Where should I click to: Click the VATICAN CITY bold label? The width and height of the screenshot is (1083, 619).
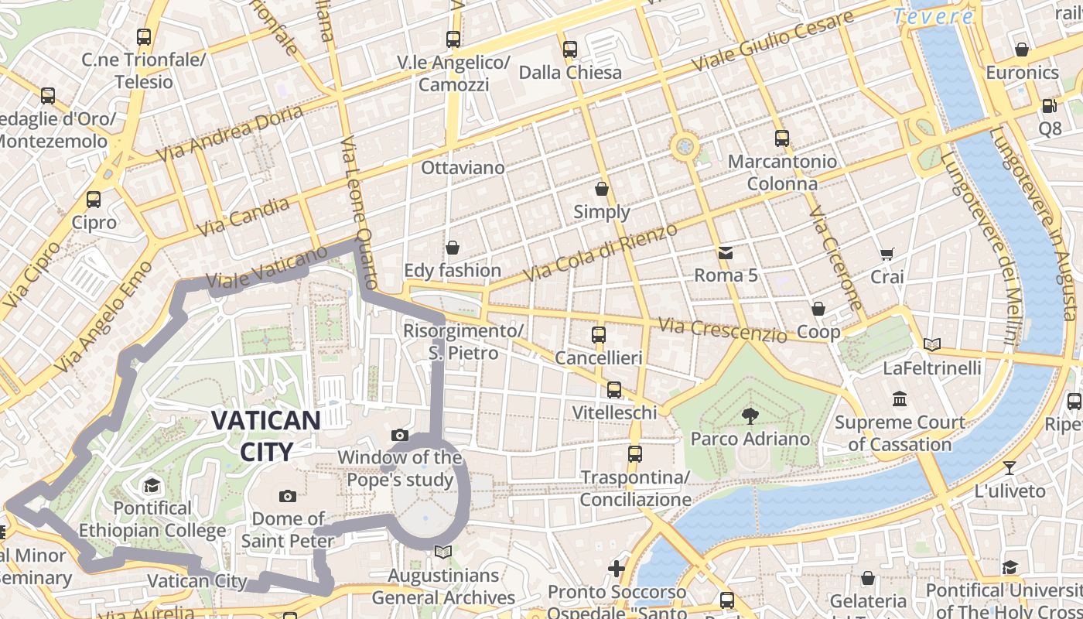[x=265, y=436]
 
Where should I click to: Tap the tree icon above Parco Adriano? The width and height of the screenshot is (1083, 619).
[x=749, y=416]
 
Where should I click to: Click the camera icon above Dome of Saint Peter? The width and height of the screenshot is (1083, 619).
[x=288, y=496]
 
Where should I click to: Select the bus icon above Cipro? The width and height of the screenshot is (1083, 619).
[x=94, y=200]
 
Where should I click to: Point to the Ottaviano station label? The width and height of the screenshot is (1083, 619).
[x=463, y=168]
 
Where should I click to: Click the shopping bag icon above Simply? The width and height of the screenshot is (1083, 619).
[x=602, y=189]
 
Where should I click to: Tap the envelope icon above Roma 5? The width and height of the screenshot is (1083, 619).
[x=726, y=253]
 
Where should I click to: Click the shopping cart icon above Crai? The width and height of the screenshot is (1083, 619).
[x=887, y=254]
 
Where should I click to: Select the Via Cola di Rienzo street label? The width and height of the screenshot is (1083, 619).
[x=600, y=252]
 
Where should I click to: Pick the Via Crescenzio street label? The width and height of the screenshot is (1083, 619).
[x=722, y=330]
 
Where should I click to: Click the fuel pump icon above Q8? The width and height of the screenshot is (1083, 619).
[x=1049, y=106]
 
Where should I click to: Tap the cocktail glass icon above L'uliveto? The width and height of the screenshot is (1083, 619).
[x=1009, y=467]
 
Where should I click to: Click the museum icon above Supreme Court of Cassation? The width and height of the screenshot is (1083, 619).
[x=900, y=399]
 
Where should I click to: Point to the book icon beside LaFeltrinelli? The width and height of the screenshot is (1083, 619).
[x=932, y=345]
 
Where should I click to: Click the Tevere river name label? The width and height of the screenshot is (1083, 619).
[x=933, y=16]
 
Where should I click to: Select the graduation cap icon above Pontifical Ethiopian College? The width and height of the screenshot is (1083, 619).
[x=152, y=485]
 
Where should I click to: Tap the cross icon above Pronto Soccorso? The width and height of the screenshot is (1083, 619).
[x=617, y=569]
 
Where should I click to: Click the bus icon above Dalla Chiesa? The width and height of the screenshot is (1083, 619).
[x=570, y=50]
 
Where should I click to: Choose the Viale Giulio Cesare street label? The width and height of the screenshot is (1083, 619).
[x=771, y=42]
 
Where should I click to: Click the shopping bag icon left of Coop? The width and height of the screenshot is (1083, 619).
[x=818, y=309]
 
